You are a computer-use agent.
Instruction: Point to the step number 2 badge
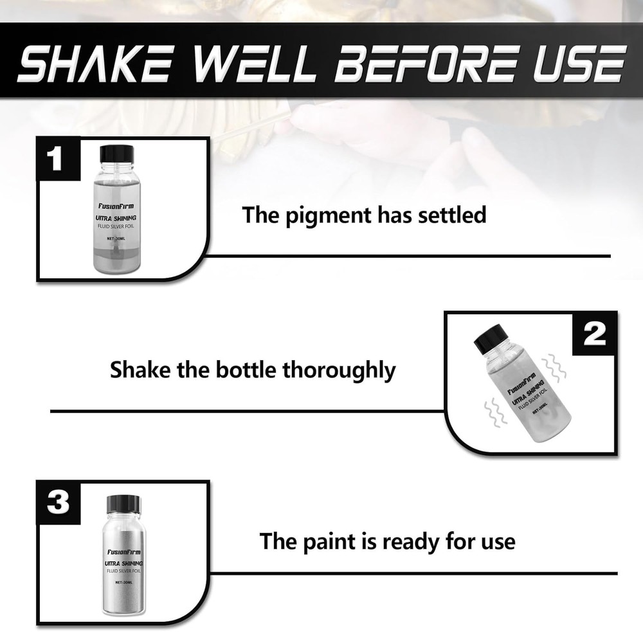593,333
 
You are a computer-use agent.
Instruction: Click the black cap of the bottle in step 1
117,154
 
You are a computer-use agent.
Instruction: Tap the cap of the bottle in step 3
123,503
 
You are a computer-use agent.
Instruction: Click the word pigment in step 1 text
332,215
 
